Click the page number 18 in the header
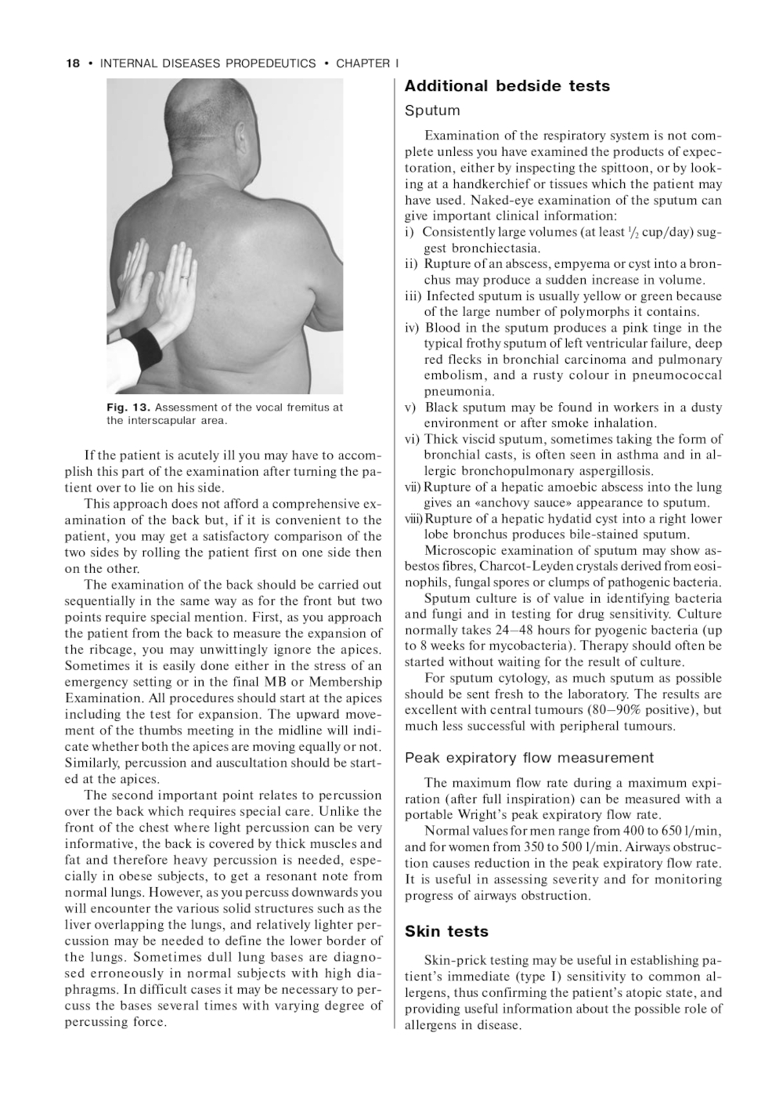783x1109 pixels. pyautogui.click(x=72, y=63)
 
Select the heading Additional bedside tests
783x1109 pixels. pyautogui.click(x=507, y=86)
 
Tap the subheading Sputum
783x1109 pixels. pyautogui.click(x=432, y=111)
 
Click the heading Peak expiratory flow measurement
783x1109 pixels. pyautogui.click(x=529, y=758)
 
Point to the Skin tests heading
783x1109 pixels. pyautogui.click(x=446, y=931)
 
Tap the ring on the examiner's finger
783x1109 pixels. pyautogui.click(x=185, y=277)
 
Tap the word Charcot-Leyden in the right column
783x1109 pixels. pyautogui.click(x=519, y=566)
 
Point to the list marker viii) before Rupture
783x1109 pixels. pyautogui.click(x=413, y=519)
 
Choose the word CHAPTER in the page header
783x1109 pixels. pyautogui.click(x=363, y=63)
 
